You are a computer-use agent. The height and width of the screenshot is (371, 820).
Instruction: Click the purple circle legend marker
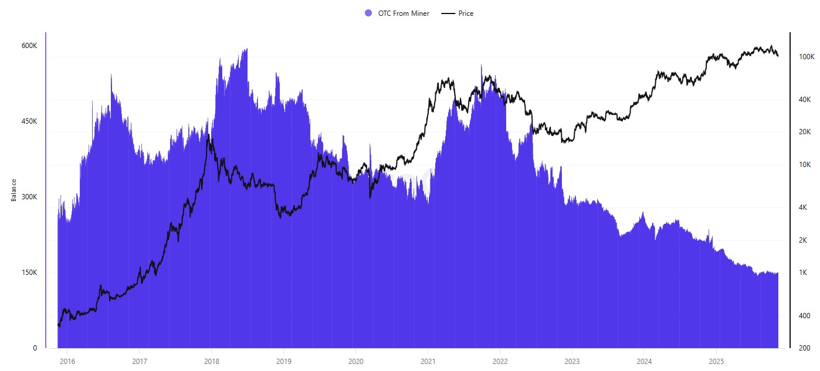[x=368, y=13]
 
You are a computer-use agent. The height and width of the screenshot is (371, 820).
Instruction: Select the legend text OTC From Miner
[x=404, y=13]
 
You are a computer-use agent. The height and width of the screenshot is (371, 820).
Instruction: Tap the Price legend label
[x=466, y=13]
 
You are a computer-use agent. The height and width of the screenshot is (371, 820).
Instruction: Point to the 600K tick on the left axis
[x=29, y=46]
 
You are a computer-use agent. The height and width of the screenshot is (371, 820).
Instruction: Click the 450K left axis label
[x=29, y=122]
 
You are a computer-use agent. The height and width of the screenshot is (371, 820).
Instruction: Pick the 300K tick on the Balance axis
[x=29, y=197]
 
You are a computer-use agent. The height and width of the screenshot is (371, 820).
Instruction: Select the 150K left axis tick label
[x=29, y=273]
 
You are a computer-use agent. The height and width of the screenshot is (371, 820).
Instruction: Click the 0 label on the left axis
[x=35, y=348]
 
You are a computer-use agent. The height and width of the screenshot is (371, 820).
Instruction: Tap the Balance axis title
[x=13, y=190]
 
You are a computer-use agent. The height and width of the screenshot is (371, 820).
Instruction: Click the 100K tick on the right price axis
[x=807, y=57]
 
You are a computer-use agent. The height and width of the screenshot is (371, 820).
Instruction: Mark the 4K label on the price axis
[x=804, y=207]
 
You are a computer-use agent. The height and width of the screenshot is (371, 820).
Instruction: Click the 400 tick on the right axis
[x=804, y=316]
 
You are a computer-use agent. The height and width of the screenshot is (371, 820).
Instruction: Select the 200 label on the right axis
[x=804, y=348]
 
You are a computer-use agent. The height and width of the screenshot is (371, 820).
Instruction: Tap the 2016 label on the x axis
[x=67, y=361]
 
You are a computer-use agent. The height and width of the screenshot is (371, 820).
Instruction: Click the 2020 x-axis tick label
[x=355, y=361]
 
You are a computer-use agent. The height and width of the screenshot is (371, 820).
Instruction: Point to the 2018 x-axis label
[x=211, y=361]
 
